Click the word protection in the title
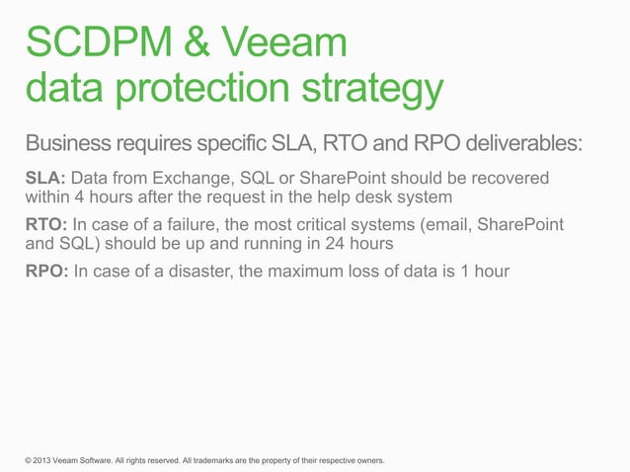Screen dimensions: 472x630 [x=191, y=91]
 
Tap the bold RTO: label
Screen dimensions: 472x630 [x=44, y=224]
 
